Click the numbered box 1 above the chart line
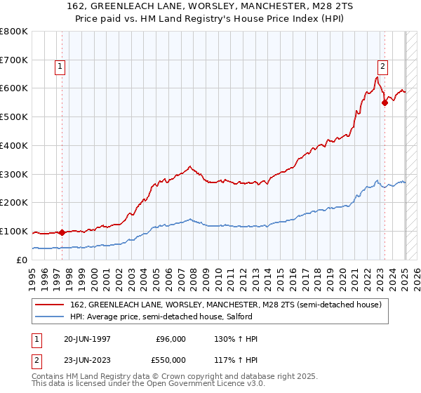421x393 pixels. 60,67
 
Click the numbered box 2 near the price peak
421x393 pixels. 382,67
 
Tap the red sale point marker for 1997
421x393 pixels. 62,232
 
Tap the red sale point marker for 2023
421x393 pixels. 385,102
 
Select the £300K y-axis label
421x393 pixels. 15,174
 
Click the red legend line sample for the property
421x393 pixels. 50,305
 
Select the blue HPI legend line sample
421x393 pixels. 50,317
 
